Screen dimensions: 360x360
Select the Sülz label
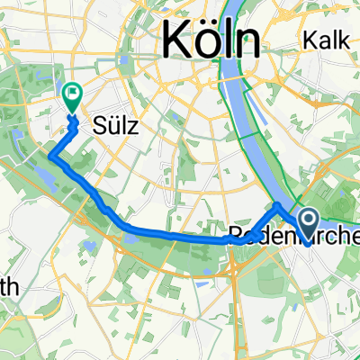pyautogui.click(x=114, y=127)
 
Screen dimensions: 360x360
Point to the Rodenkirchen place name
pyautogui.click(x=292, y=236)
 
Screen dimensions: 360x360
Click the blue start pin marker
pyautogui.click(x=308, y=220)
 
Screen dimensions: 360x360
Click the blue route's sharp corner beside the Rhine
pyautogui.click(x=277, y=205)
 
